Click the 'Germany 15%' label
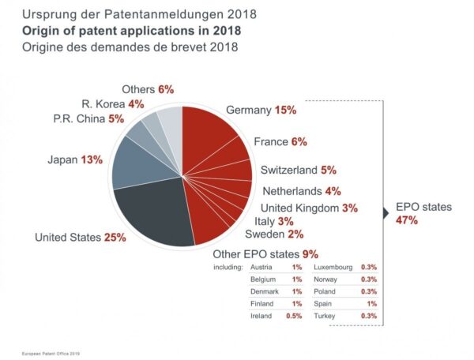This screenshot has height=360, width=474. (261, 110)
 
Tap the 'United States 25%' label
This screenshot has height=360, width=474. (80, 237)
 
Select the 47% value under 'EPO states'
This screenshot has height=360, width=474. (406, 220)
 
